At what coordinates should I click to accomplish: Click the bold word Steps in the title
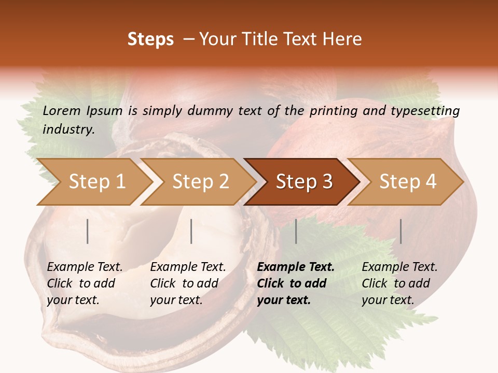click(150, 39)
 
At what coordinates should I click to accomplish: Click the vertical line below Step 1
click(88, 231)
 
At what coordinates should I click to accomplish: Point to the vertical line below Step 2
click(191, 231)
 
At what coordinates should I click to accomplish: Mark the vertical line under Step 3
click(296, 231)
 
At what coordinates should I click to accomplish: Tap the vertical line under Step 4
click(400, 231)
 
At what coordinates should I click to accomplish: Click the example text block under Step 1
click(85, 283)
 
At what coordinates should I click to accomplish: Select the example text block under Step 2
click(188, 283)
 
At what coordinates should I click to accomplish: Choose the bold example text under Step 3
click(296, 283)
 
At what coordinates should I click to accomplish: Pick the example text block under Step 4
click(399, 283)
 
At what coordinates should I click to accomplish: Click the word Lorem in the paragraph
click(62, 110)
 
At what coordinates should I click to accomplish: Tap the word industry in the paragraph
click(68, 130)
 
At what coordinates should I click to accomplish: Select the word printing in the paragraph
click(333, 111)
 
